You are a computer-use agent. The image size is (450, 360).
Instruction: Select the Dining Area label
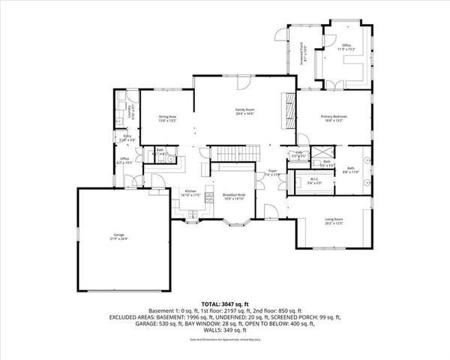166,117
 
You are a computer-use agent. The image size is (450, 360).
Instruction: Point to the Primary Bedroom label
334,117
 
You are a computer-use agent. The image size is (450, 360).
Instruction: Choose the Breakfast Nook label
234,195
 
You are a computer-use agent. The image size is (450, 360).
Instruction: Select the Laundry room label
132,112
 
